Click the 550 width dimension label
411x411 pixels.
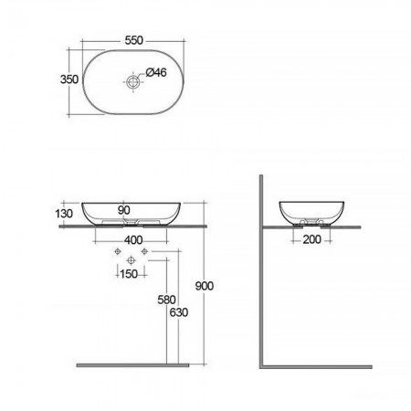[133, 40]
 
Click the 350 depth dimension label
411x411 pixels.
[69, 79]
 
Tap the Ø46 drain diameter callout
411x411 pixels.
[156, 72]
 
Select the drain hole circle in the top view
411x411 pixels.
[132, 81]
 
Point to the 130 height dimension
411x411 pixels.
[64, 214]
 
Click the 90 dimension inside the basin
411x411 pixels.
[124, 210]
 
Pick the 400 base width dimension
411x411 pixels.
[133, 240]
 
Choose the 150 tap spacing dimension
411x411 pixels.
[129, 274]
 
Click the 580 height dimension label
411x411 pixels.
[166, 300]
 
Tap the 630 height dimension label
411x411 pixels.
[179, 312]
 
